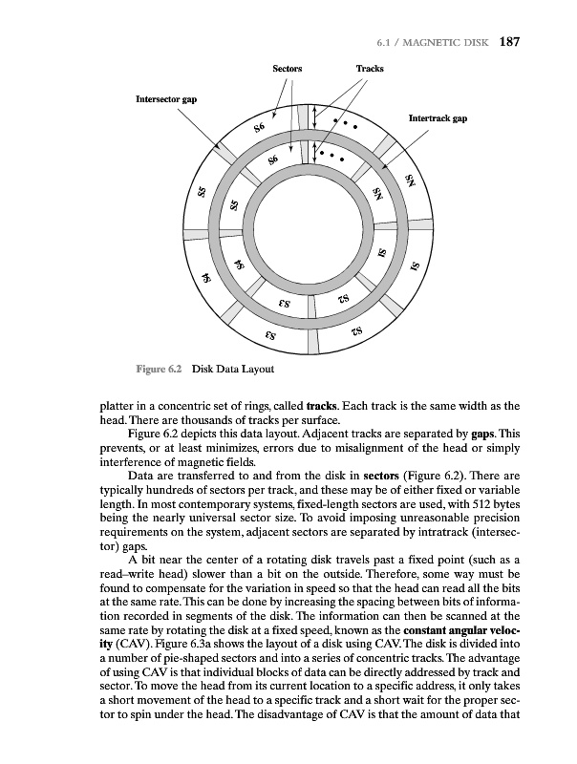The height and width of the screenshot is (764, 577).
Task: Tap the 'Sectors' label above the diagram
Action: (x=287, y=70)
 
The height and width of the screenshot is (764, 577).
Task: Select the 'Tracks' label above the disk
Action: (x=370, y=70)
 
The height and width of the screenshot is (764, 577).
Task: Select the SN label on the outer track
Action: (x=411, y=178)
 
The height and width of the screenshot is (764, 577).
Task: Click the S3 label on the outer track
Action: (x=269, y=335)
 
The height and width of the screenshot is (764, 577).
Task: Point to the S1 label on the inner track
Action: (x=379, y=254)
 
